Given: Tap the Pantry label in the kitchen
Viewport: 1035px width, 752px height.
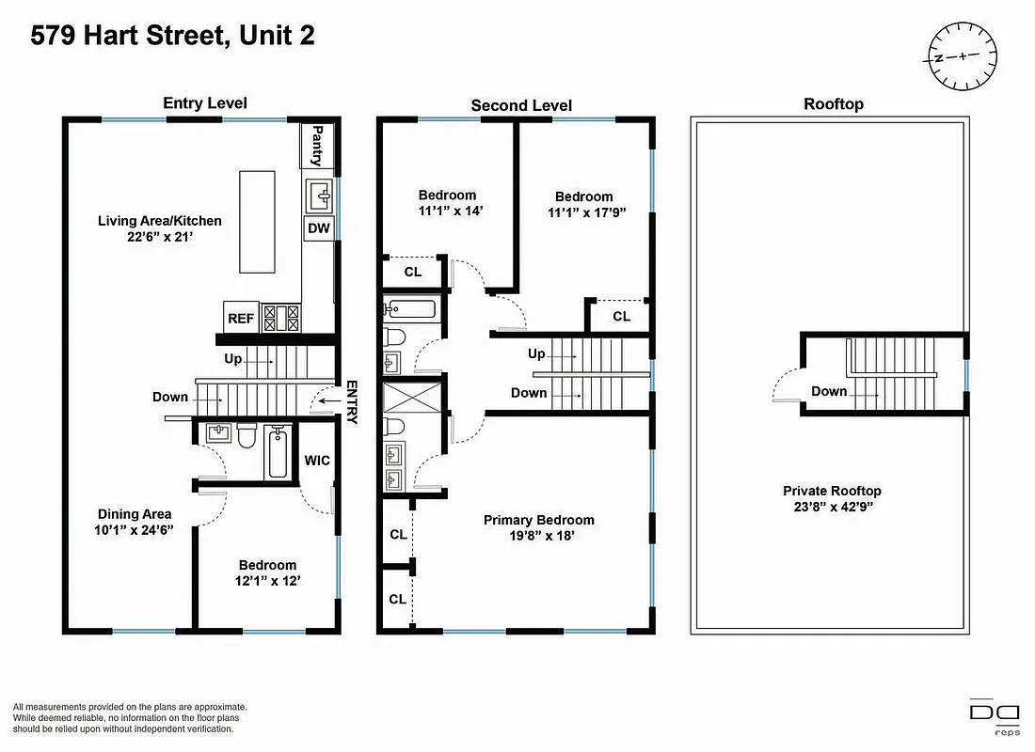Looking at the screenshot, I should click(x=317, y=146).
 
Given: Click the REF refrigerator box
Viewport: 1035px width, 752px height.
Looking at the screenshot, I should click(x=241, y=319).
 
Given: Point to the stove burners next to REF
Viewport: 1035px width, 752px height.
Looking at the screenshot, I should click(x=280, y=318).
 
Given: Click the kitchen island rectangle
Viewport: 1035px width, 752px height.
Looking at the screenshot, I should click(x=256, y=220).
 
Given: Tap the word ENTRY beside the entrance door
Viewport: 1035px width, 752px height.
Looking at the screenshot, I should click(x=352, y=402).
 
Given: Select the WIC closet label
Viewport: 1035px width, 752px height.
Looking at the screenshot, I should click(x=316, y=462).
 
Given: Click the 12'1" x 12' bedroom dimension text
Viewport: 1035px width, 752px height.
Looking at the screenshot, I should click(x=267, y=580).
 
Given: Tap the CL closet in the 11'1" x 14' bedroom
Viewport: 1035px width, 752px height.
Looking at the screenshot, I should click(x=412, y=272).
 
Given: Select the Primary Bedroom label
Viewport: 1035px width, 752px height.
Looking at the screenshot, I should click(x=538, y=520).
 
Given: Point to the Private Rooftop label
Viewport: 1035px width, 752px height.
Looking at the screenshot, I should click(x=832, y=491).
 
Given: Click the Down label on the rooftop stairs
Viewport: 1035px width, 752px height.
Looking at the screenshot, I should click(x=829, y=391).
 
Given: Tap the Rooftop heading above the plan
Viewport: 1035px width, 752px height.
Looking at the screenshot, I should click(x=833, y=104).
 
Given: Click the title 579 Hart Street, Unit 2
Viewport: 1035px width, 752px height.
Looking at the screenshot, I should click(x=172, y=36).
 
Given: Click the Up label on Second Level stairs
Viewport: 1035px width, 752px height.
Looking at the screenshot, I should click(x=536, y=354).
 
